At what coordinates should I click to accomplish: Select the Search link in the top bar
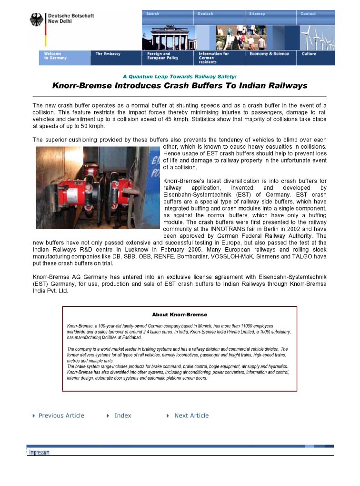153,14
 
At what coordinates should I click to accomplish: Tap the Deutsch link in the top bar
206,14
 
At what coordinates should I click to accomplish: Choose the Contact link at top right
308,14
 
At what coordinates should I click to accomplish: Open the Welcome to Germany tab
56,56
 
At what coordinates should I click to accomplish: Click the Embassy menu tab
108,54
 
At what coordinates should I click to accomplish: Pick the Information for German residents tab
214,58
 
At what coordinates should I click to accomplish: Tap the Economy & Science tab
269,54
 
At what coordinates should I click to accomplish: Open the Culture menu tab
309,54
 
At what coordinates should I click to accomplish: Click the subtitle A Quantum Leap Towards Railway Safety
180,76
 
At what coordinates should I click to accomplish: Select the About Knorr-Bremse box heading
180,315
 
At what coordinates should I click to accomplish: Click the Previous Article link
61,416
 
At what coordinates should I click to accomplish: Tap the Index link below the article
122,416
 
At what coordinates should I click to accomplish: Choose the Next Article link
191,416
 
